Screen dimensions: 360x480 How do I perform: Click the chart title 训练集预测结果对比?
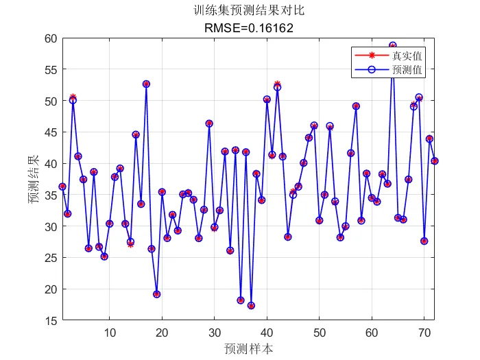point(249,11)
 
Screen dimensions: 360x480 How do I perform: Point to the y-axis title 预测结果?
point(33,180)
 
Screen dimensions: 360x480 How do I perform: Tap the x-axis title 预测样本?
point(249,348)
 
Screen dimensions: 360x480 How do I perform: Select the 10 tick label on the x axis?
point(110,333)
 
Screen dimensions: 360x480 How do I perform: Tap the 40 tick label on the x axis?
point(267,333)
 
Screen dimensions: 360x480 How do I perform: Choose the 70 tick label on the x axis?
point(424,333)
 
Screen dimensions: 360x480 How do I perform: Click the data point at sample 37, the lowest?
point(251,306)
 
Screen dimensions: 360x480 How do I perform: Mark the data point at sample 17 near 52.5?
point(146,84)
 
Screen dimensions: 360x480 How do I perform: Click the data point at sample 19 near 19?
point(157,294)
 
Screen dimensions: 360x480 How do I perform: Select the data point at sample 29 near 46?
point(209,123)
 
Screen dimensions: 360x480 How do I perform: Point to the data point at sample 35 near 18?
point(241,300)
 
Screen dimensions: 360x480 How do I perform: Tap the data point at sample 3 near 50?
point(73,99)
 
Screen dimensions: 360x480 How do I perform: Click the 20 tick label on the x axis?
point(162,333)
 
